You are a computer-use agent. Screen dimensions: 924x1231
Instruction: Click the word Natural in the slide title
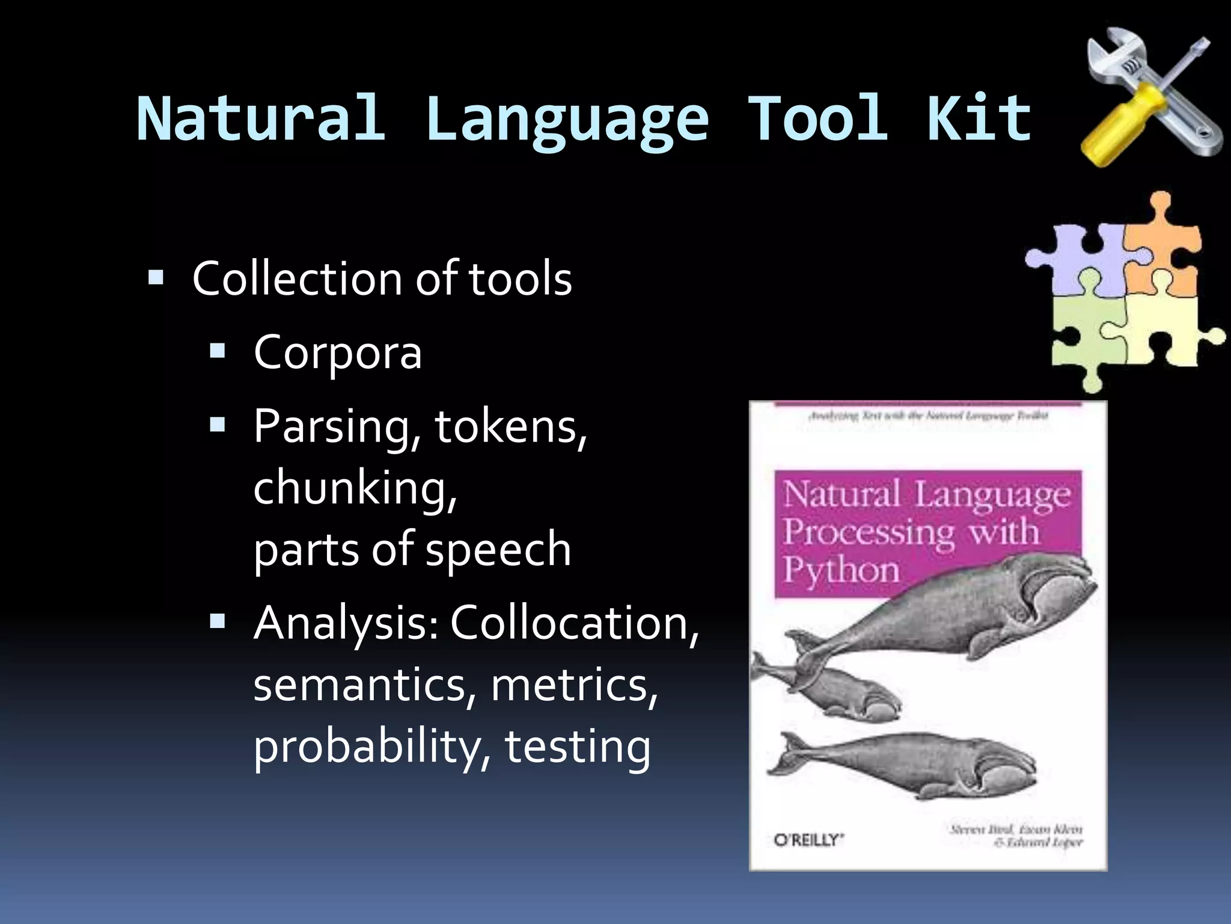(260, 118)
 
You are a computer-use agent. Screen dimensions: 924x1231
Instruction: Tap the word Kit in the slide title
(979, 118)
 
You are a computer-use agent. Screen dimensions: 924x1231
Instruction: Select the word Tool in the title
(817, 118)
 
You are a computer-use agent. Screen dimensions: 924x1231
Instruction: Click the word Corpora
(338, 353)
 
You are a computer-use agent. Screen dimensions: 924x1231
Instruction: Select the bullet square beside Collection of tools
(156, 278)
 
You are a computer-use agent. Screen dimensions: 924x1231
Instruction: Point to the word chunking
(355, 487)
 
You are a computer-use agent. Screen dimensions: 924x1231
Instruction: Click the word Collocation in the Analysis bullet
(574, 623)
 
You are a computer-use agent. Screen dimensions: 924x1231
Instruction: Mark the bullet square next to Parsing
(218, 426)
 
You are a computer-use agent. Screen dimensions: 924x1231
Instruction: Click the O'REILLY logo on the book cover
(808, 840)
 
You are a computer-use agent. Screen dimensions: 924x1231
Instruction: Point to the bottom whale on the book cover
(902, 764)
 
